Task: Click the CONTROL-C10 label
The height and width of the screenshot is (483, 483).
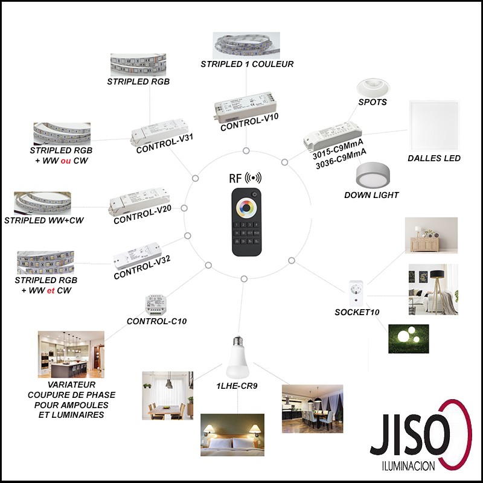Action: pos(156,321)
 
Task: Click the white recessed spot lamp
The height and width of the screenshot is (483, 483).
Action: pos(373,88)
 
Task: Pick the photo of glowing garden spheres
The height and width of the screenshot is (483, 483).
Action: pos(408,339)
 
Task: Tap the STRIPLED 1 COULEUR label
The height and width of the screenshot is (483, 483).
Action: pos(247,64)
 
